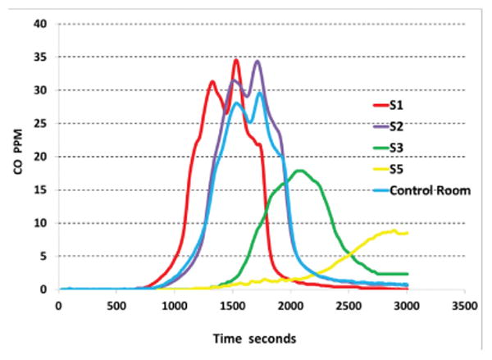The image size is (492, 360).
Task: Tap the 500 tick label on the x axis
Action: pyautogui.click(x=116, y=305)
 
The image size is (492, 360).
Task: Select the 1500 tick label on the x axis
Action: pyautogui.click(x=232, y=305)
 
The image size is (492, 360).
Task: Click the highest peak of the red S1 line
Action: pyautogui.click(x=236, y=60)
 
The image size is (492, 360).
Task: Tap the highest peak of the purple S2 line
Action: pyautogui.click(x=257, y=62)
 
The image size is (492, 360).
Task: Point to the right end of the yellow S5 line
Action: pyautogui.click(x=407, y=233)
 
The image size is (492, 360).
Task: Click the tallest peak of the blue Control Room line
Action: pyautogui.click(x=260, y=93)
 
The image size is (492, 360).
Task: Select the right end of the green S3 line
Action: pyautogui.click(x=407, y=274)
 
